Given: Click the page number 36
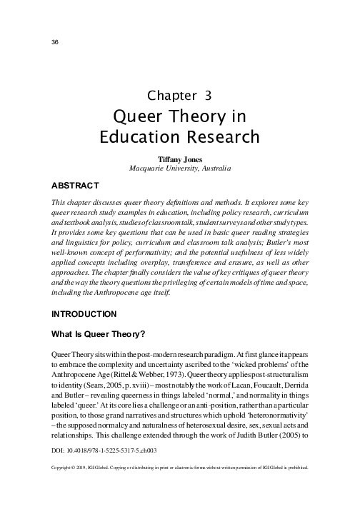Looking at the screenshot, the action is (54, 41).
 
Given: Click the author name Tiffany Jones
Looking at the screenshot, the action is (179, 159).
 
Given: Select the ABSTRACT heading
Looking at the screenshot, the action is (78, 184).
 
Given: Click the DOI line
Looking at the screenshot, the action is (99, 451).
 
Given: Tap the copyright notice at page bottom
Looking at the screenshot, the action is (179, 468).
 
